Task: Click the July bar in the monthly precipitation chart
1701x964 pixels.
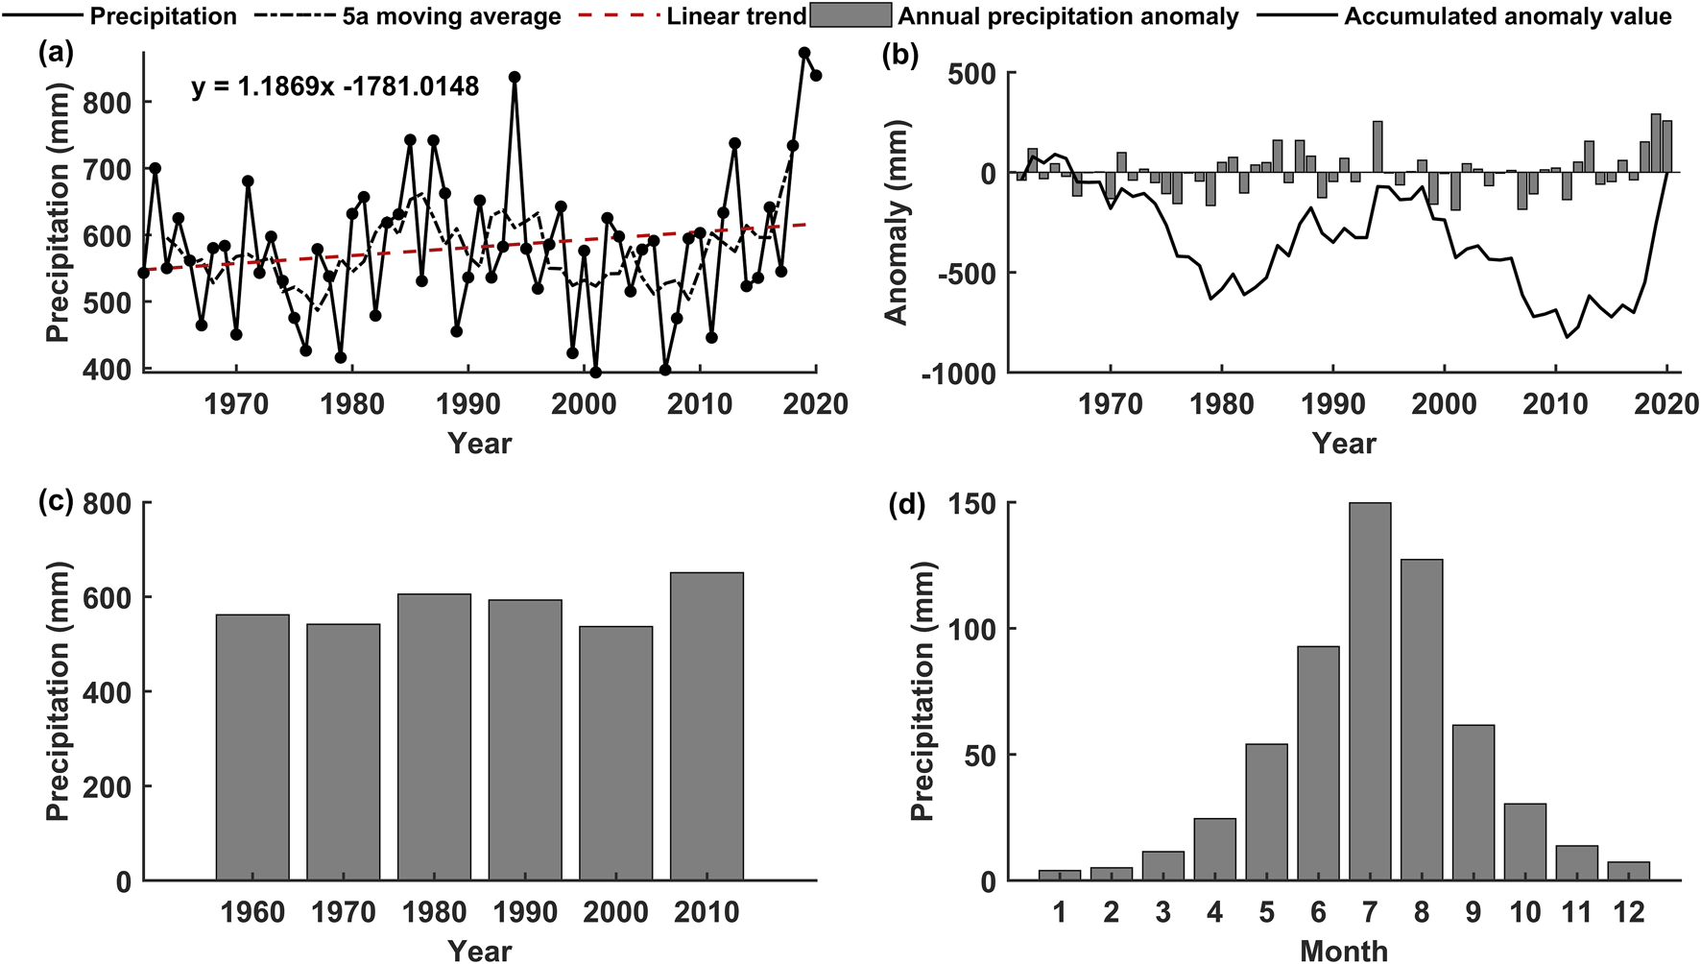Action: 1370,691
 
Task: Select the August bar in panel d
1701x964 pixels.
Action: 1422,720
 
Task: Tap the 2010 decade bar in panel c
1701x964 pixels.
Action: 707,727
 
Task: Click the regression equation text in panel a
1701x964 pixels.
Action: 335,87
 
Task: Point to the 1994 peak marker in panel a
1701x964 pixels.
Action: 515,77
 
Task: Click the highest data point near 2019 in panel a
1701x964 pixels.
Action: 804,53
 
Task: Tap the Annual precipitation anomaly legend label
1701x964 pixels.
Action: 1068,16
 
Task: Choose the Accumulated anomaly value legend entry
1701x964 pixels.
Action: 1507,16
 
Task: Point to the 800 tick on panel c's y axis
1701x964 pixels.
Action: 109,503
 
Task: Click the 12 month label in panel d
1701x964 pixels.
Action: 1628,911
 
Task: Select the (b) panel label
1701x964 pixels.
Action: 899,55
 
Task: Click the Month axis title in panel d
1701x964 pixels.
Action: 1344,951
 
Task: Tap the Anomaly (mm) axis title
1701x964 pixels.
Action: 896,223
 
